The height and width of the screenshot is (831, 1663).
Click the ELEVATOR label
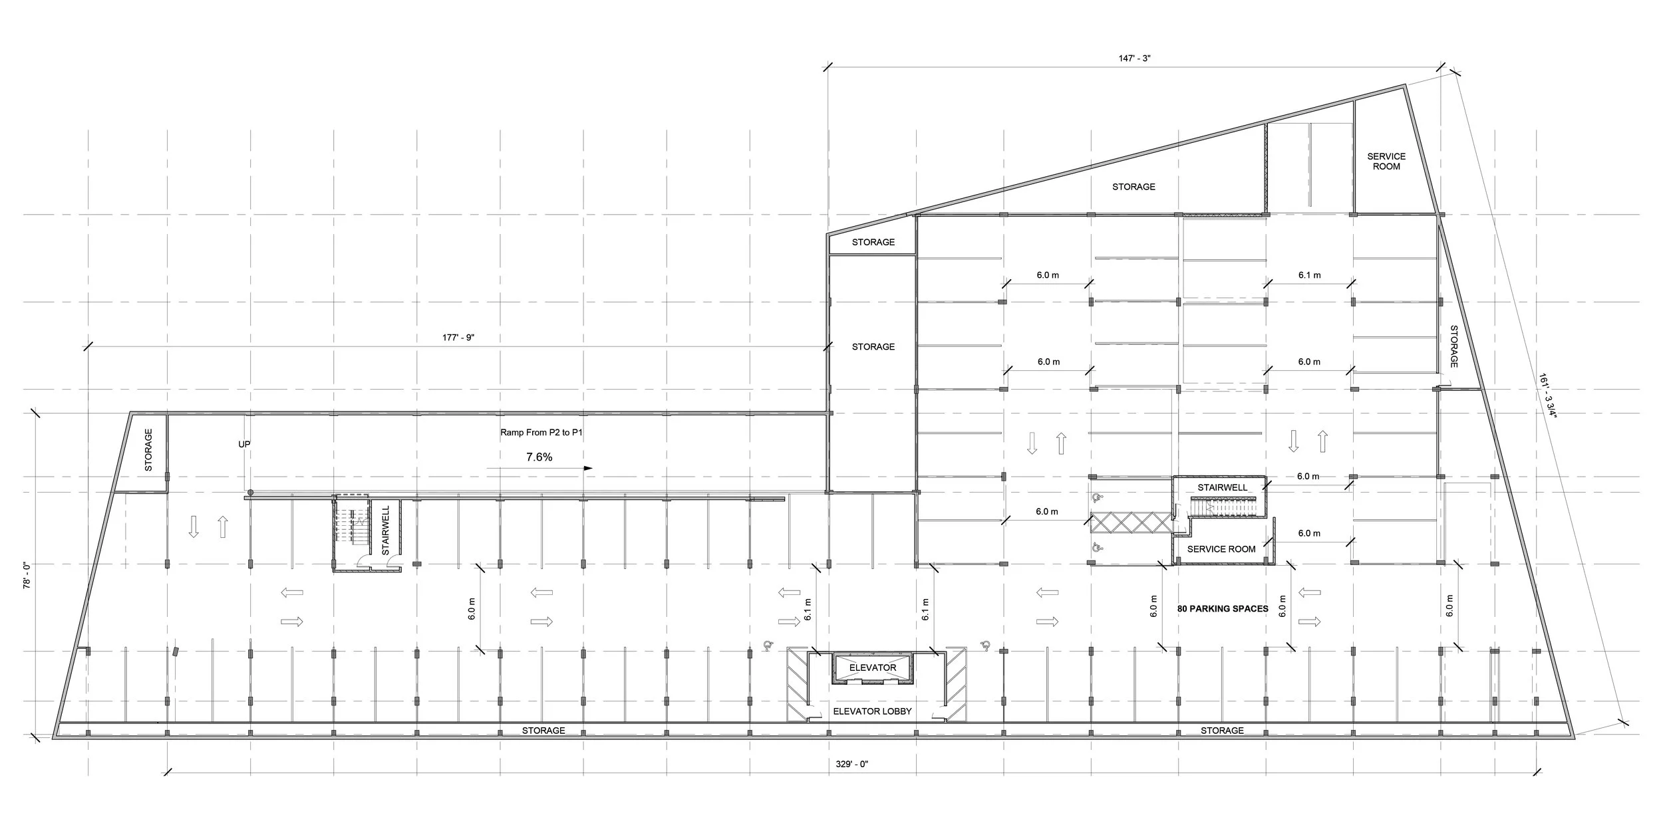(873, 667)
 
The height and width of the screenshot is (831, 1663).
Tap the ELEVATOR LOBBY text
(872, 711)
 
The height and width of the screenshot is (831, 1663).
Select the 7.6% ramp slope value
(539, 457)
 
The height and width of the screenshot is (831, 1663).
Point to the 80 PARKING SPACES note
(1223, 608)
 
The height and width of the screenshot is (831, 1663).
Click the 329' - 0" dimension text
(852, 764)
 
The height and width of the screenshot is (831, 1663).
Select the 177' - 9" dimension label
(458, 338)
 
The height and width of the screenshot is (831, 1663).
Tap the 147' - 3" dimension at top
(1134, 59)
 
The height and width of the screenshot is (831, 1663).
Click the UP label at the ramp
(244, 444)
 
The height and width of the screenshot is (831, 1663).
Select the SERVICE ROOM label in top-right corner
(1386, 162)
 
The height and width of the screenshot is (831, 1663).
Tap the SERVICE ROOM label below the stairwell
(1221, 549)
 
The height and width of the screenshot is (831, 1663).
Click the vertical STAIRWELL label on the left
(385, 530)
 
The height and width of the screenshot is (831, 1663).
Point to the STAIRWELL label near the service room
(1223, 487)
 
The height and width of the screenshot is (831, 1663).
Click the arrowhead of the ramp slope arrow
(588, 468)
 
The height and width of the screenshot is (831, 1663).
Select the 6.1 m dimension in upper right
(1309, 275)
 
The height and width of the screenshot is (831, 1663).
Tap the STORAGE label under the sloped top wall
(1134, 187)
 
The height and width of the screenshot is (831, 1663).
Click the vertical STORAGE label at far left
(148, 450)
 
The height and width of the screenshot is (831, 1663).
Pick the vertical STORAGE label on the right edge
(1454, 346)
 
